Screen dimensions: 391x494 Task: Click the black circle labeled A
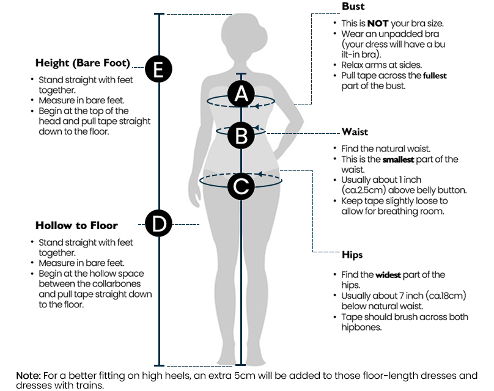pyautogui.click(x=241, y=94)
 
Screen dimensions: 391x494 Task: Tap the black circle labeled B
pyautogui.click(x=241, y=136)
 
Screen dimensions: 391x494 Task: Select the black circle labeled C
pyautogui.click(x=241, y=185)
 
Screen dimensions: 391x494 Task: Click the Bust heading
pyautogui.click(x=353, y=7)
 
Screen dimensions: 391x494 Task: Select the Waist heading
pyautogui.click(x=355, y=132)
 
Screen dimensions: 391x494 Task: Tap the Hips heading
pyautogui.click(x=353, y=255)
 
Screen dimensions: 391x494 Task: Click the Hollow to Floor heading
pyautogui.click(x=76, y=225)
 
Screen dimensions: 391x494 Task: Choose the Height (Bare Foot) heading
pyautogui.click(x=83, y=63)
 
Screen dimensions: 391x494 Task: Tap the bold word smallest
pyautogui.click(x=398, y=160)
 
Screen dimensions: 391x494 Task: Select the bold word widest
pyautogui.click(x=388, y=276)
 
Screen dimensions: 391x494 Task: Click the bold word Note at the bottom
pyautogui.click(x=28, y=375)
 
